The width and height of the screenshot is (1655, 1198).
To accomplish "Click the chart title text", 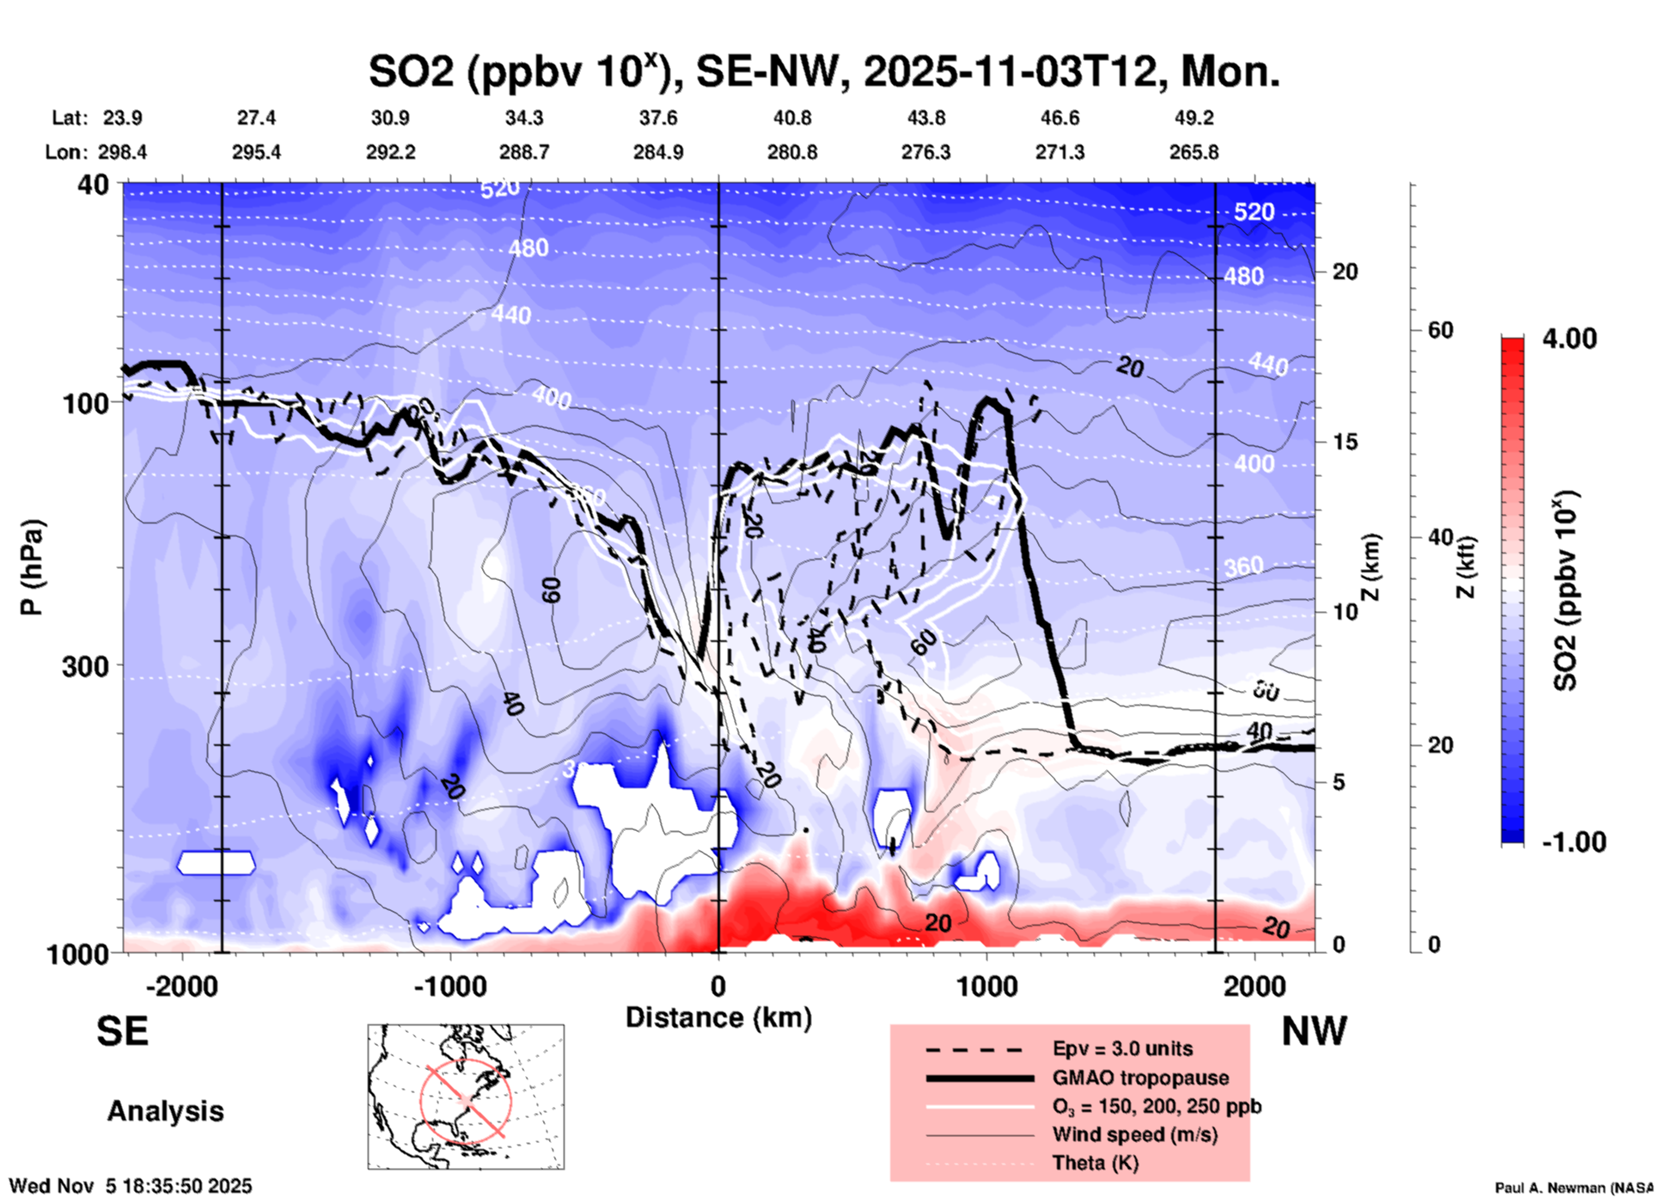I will (823, 71).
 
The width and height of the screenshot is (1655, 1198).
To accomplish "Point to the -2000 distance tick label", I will (182, 986).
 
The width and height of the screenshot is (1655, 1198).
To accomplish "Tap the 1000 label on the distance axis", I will (986, 986).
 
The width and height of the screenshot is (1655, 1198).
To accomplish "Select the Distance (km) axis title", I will (718, 1018).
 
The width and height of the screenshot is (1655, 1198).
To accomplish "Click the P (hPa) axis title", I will (32, 567).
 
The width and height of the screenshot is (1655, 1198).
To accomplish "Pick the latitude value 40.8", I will (791, 118).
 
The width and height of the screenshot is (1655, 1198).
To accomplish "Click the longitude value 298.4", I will (122, 152).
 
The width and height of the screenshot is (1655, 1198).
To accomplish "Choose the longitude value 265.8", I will (1194, 152).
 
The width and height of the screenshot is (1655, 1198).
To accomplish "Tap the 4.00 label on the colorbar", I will (1569, 339).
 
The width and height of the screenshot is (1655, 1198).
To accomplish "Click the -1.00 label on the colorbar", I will (1573, 841).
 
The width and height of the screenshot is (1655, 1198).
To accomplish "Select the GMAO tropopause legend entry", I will (1140, 1078).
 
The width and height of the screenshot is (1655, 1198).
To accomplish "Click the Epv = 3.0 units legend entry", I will (1122, 1048).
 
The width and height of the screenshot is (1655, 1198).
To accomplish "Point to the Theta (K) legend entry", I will (1095, 1163).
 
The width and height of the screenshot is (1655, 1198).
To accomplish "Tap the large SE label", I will (122, 1031).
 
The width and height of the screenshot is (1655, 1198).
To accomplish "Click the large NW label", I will (1314, 1031).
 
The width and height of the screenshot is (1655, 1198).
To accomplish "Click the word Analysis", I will (165, 1111).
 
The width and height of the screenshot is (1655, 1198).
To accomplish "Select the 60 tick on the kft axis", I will (1440, 330).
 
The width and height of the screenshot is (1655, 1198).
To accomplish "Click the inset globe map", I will (466, 1097).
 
